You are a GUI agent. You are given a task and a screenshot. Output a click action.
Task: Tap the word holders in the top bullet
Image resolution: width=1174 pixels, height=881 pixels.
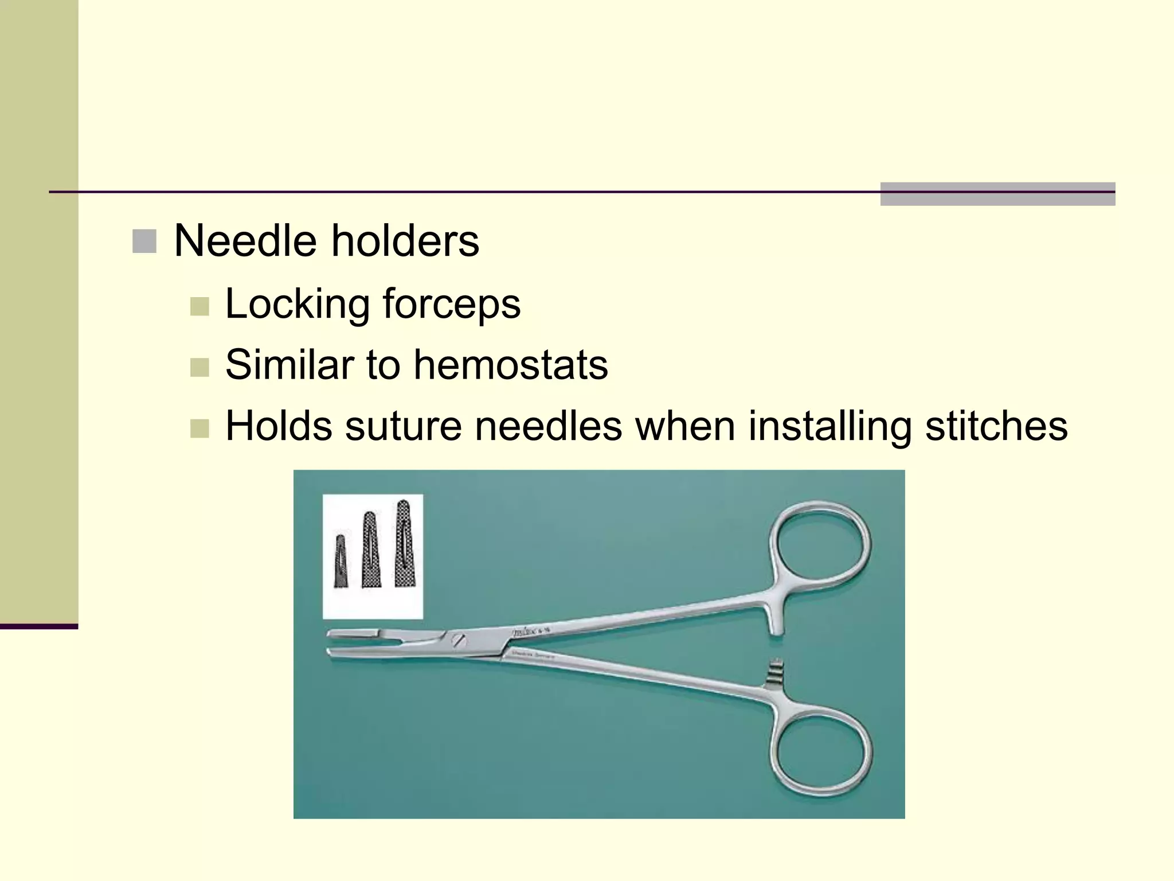point(405,240)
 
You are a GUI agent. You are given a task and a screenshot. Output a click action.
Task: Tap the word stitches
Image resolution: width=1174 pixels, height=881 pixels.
point(996,426)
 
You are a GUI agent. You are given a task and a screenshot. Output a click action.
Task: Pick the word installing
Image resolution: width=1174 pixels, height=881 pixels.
point(829,426)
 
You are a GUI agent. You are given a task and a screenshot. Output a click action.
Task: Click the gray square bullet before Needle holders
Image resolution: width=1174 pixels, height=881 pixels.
point(144,241)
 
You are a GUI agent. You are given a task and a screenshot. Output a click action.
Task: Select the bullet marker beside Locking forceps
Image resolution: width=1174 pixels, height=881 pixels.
point(199,306)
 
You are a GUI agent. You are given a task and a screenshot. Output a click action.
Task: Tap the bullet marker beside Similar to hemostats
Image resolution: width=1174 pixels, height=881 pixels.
point(199,368)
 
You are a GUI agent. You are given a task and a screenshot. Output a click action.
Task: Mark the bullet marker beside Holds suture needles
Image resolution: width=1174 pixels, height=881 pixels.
point(199,429)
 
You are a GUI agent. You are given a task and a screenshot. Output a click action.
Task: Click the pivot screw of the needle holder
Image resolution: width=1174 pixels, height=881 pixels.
point(458,640)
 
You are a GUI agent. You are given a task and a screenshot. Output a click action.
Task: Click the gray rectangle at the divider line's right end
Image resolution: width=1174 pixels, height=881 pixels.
point(997,194)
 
